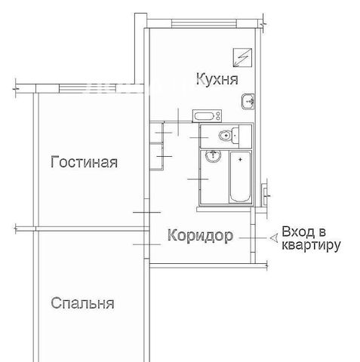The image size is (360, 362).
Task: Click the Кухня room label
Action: click(217, 80)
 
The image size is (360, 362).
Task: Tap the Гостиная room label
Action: click(84, 162)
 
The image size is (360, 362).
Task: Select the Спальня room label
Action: click(82, 303)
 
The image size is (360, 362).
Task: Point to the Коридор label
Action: click(200, 236)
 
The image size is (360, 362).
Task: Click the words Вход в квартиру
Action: click(311, 238)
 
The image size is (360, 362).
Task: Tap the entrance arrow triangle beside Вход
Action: click(274, 238)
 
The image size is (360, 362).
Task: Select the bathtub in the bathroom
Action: click(241, 176)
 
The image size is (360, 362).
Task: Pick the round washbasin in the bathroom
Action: click(213, 156)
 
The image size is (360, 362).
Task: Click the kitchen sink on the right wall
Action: click(248, 101)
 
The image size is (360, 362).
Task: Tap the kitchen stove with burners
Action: click(207, 116)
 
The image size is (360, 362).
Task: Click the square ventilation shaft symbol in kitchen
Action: click(242, 57)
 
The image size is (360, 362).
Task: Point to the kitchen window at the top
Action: click(204, 23)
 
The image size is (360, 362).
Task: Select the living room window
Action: click(88, 88)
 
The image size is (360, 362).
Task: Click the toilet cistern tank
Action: click(235, 136)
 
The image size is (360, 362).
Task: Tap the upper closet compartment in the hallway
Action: click(157, 132)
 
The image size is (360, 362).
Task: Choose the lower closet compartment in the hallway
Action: click(157, 156)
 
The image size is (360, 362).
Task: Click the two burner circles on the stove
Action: click(218, 116)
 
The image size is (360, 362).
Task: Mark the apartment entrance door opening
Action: click(253, 235)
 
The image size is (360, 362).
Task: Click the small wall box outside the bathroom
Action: click(264, 195)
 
